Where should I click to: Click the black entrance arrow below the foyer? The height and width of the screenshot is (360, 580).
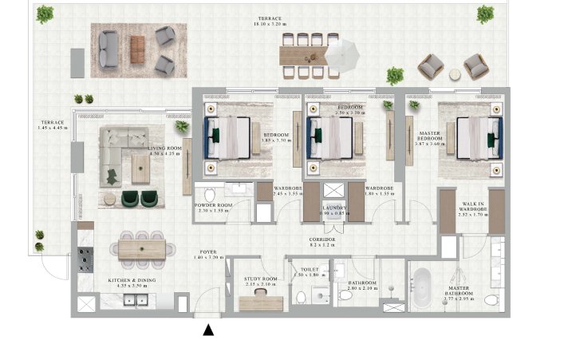208,329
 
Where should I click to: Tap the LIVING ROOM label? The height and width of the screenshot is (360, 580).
166,149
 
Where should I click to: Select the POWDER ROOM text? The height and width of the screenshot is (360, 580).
212,205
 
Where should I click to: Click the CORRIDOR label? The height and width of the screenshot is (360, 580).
323,239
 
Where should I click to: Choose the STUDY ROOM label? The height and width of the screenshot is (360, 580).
259,279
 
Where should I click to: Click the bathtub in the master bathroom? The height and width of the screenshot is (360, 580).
422,284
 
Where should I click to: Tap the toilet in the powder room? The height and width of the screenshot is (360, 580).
210,195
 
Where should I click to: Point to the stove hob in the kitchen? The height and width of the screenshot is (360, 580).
85,260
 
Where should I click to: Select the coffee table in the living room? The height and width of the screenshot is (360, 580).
140,168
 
